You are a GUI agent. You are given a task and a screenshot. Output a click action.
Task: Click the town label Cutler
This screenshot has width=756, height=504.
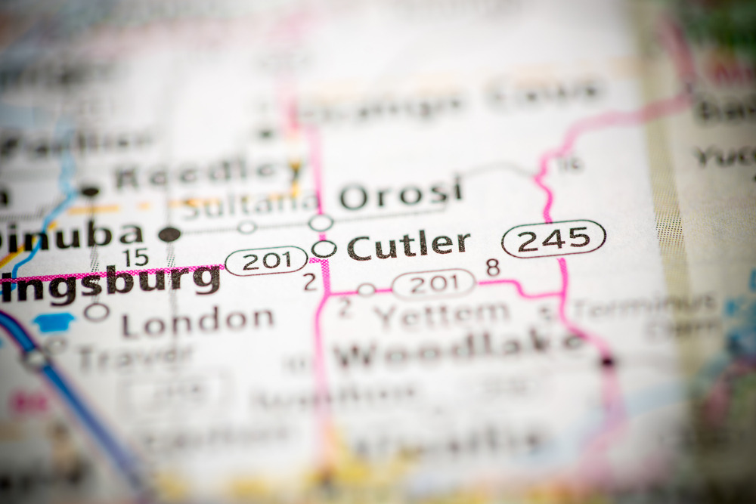coord(409,246)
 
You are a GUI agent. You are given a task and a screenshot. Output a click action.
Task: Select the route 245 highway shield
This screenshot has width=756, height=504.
coord(553,239)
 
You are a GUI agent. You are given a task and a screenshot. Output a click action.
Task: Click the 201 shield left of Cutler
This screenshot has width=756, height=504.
coord(266,261)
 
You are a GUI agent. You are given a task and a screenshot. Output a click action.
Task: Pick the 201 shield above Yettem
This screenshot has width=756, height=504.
coord(433,284)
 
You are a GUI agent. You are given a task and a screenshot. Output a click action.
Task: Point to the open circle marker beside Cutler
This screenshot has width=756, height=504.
coord(324,248)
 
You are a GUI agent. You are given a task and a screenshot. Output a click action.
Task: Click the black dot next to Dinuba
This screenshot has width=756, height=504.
coord(169,234)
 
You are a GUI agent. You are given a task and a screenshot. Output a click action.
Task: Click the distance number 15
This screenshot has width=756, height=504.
coord(136,258)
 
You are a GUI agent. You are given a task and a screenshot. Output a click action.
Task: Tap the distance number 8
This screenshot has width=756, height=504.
coord(493,267)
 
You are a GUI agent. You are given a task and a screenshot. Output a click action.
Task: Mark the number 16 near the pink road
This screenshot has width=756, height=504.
coord(572,162)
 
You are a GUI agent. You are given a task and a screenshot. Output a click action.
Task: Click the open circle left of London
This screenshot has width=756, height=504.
coord(97,311)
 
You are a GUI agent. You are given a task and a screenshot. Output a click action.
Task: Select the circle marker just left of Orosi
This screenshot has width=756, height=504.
coord(321,223)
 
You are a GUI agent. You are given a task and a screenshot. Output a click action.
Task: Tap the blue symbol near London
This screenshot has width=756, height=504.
coord(54,323)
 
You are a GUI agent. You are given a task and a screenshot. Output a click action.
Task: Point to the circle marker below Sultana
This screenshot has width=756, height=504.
coord(247,226)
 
